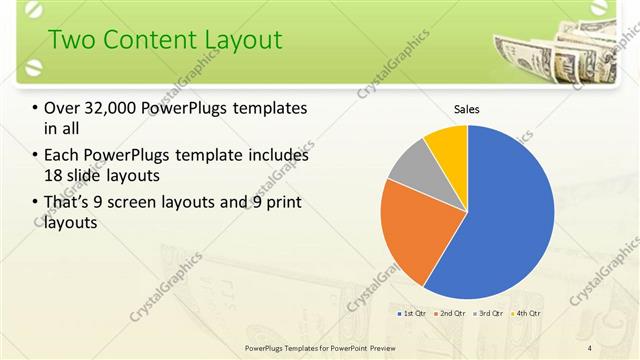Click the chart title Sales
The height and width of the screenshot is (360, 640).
tap(467, 109)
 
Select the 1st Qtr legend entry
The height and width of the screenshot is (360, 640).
tap(411, 313)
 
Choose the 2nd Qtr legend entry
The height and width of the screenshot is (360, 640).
tap(449, 313)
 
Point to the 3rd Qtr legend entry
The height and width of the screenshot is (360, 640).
tap(487, 313)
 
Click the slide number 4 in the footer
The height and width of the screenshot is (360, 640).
tap(589, 347)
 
